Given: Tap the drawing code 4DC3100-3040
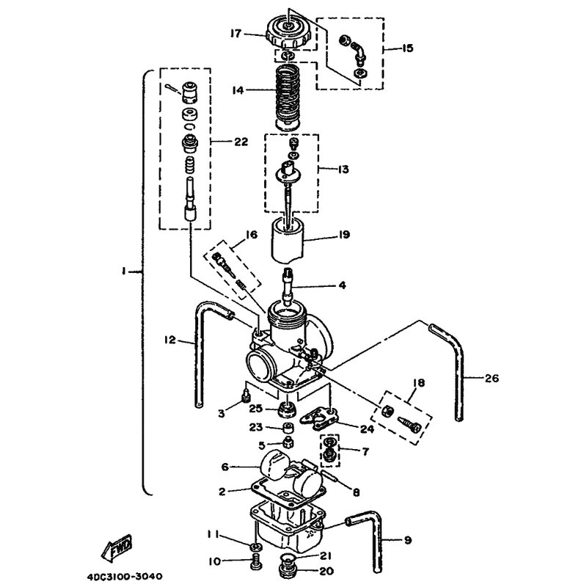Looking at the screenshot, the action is (x=125, y=576).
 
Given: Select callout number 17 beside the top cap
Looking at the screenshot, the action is (x=236, y=34).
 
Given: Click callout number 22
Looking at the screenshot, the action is (x=241, y=142).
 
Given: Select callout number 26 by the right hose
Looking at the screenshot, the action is (x=492, y=378).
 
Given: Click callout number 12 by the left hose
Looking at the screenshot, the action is (x=170, y=340).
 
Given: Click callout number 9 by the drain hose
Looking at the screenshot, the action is (x=408, y=540).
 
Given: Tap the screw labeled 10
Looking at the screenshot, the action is (x=255, y=561).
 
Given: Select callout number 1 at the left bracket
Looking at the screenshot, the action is (x=123, y=271).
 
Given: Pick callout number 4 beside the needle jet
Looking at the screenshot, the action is (x=342, y=285).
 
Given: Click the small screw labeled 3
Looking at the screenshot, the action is (x=246, y=395).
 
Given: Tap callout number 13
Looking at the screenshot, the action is (x=343, y=169).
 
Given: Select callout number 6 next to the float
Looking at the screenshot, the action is (x=225, y=467).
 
